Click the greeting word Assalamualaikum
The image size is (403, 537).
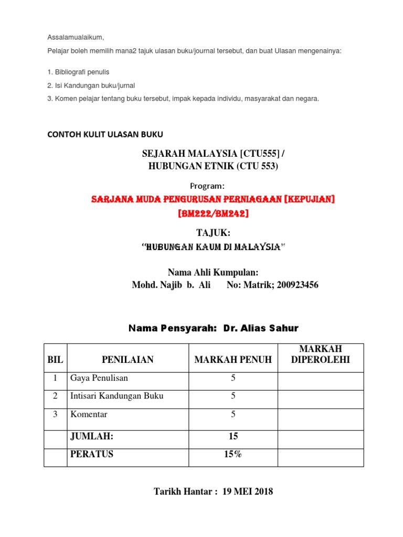76,37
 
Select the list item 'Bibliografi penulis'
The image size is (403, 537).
78,71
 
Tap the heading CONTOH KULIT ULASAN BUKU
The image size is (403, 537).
105,134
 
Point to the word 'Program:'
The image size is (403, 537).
207,186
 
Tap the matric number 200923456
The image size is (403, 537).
294,285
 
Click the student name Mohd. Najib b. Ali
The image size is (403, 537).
171,285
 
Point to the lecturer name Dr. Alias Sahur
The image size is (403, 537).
261,328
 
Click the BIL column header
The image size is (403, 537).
55,359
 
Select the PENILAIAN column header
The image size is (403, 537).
128,359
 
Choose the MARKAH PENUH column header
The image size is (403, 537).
233,359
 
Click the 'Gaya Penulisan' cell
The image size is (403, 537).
99,378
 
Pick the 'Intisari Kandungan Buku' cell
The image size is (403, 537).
116,396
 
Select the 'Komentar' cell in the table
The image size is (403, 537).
89,414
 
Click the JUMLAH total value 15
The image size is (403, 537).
233,436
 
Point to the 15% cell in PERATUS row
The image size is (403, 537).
233,455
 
